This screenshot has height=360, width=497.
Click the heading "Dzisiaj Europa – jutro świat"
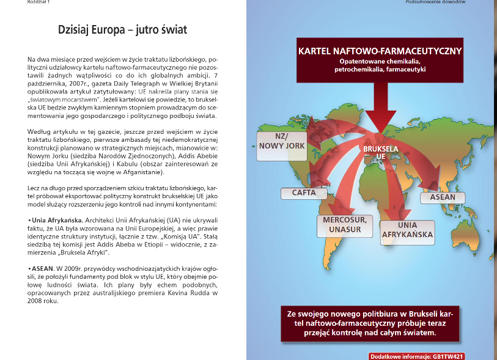tap(122, 29)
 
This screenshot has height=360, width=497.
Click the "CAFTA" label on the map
tap(304, 193)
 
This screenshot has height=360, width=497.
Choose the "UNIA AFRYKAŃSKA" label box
tap(407, 230)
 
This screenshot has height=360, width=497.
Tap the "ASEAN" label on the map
tap(443, 197)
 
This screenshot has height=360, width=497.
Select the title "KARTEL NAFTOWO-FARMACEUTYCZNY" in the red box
tap(380, 51)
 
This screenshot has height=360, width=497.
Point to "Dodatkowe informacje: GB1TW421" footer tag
tap(421, 355)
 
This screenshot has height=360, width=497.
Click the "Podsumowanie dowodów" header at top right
tap(435, 2)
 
